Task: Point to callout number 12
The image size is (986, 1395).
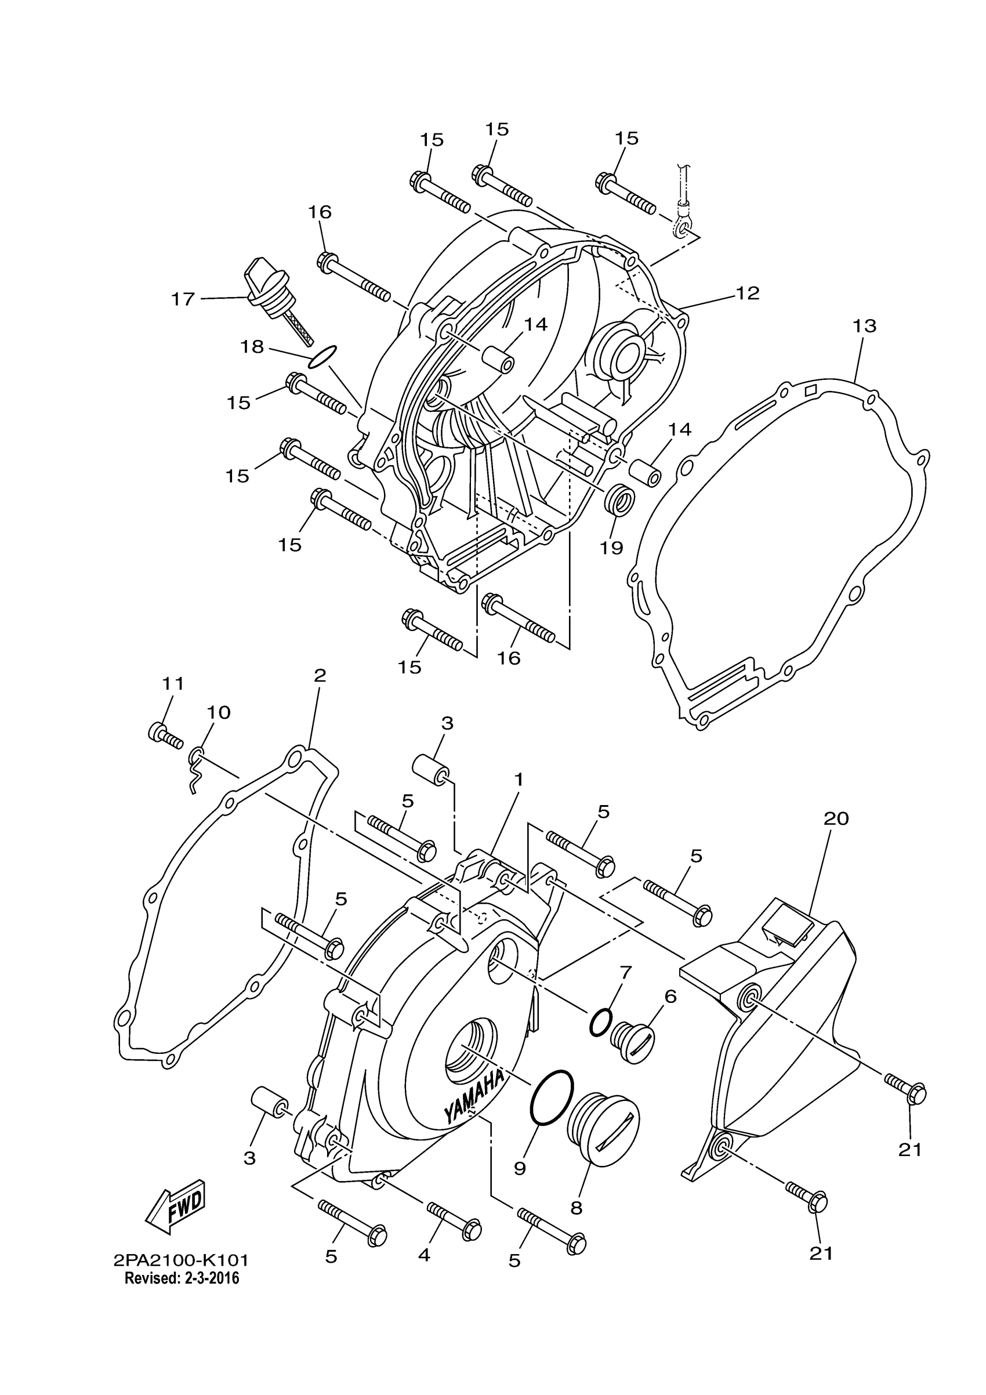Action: [748, 294]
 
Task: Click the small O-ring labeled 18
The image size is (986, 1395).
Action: [322, 357]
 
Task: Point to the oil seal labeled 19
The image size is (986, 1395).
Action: [619, 499]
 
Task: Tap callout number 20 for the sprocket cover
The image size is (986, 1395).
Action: [835, 819]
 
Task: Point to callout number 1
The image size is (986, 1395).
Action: [518, 779]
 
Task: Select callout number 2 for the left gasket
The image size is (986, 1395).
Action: [320, 675]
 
